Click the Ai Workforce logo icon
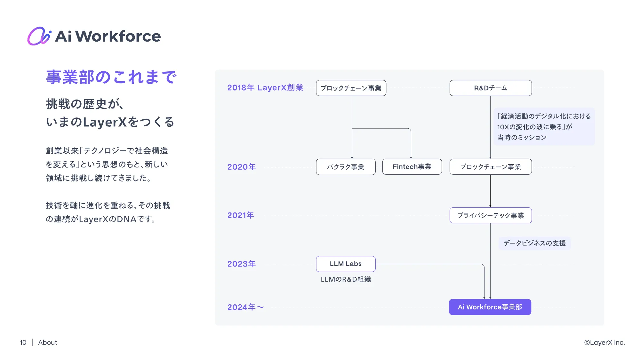39,36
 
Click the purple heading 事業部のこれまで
111,77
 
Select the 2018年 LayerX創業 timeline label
265,88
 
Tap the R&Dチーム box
491,88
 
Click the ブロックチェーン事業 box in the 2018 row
351,88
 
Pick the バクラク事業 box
346,167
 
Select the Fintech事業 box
412,167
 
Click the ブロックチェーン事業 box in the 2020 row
491,167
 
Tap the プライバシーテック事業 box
491,215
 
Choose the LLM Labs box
346,264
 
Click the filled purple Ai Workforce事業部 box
490,307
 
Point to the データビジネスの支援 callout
534,243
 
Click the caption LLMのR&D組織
346,279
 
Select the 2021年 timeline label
241,215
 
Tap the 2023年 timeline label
241,264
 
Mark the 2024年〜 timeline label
245,307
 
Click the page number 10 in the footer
23,342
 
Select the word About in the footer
48,342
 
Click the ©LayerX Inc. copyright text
604,342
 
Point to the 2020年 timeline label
241,167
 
